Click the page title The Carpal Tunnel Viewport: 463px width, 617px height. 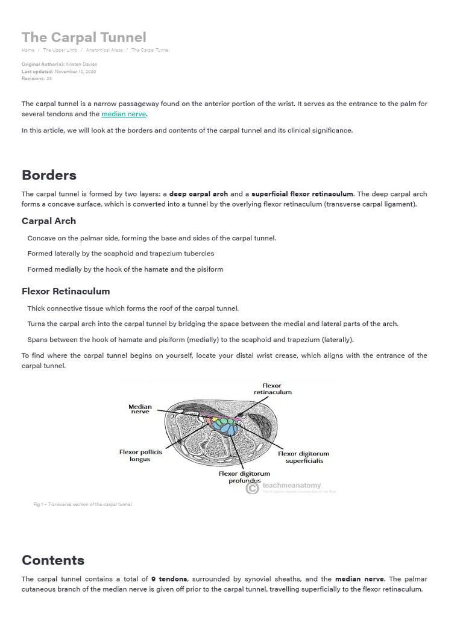[84, 37]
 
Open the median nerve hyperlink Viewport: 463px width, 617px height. [124, 114]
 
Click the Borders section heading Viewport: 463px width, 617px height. [49, 175]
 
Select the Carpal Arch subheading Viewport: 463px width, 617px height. [49, 221]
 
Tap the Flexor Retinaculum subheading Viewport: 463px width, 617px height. [66, 292]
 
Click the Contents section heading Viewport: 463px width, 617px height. [53, 560]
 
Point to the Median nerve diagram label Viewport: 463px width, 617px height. [140, 409]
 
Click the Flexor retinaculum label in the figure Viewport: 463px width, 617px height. [272, 389]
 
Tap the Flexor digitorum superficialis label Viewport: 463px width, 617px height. [304, 457]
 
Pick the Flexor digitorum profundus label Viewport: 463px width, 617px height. [244, 477]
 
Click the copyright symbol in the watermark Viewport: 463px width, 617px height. [252, 489]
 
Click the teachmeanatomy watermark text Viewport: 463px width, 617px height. [292, 485]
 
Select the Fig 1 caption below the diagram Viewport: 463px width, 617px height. [83, 504]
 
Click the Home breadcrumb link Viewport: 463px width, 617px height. [28, 50]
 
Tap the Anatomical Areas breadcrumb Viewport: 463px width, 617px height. [104, 50]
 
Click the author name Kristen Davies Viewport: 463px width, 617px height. [81, 64]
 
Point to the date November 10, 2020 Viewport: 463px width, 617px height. [74, 72]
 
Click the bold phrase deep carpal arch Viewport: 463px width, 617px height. [198, 194]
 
